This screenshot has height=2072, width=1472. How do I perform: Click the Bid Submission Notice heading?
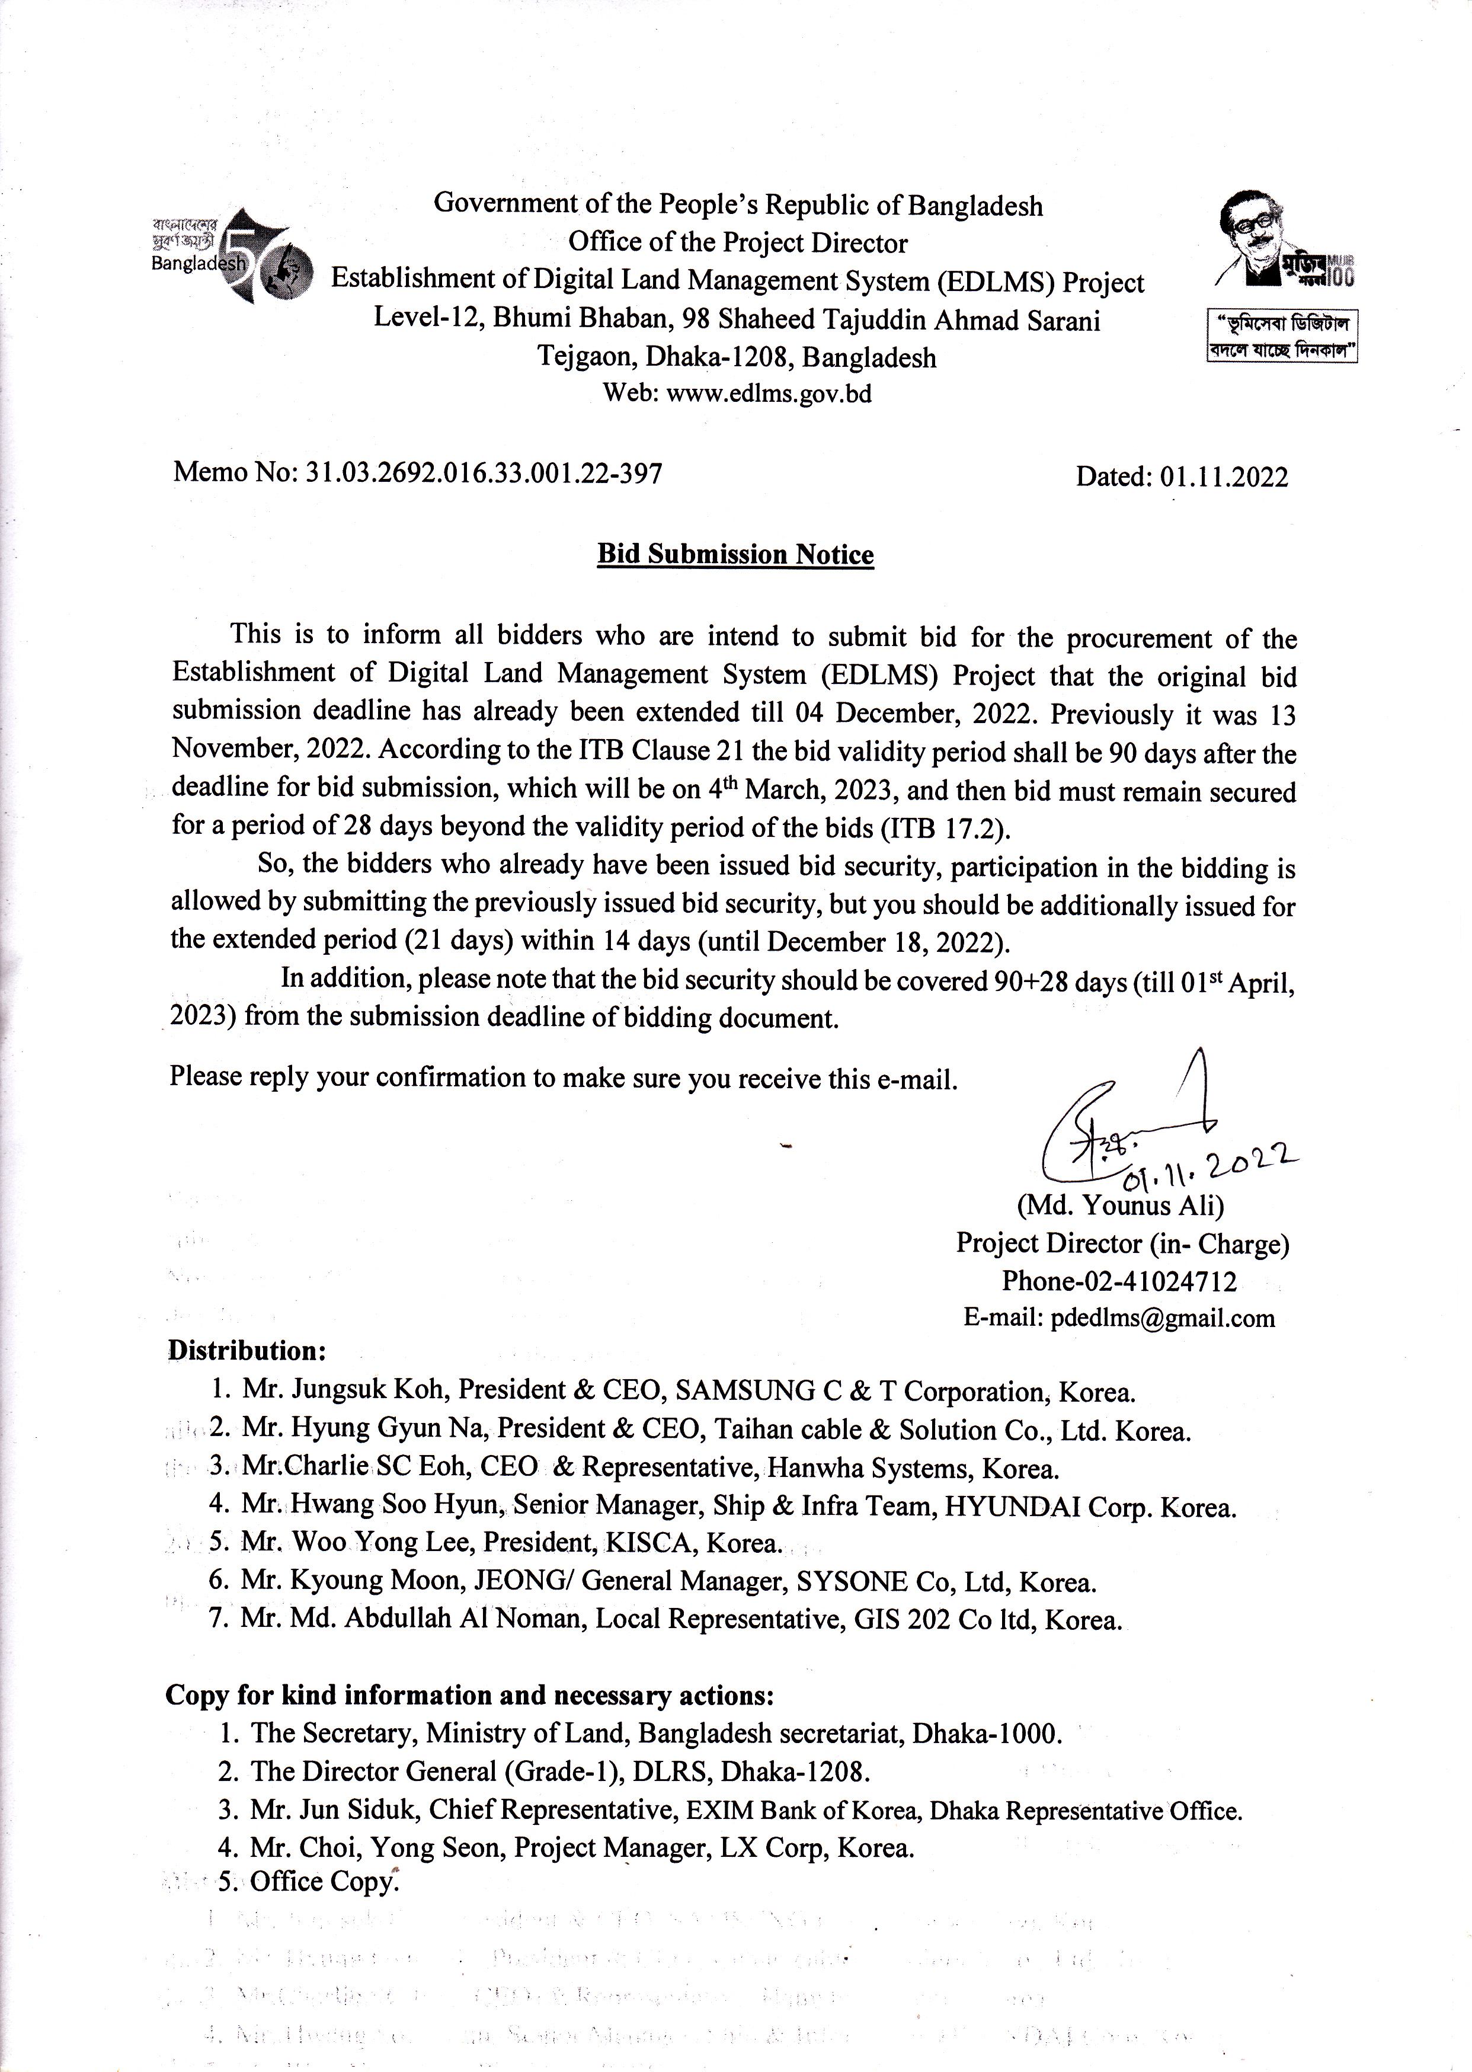(x=735, y=555)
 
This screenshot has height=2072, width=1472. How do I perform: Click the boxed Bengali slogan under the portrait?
(x=1282, y=336)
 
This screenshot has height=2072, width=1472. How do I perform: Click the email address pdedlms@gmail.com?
(x=1162, y=1319)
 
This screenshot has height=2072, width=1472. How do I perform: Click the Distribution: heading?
(x=247, y=1351)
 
